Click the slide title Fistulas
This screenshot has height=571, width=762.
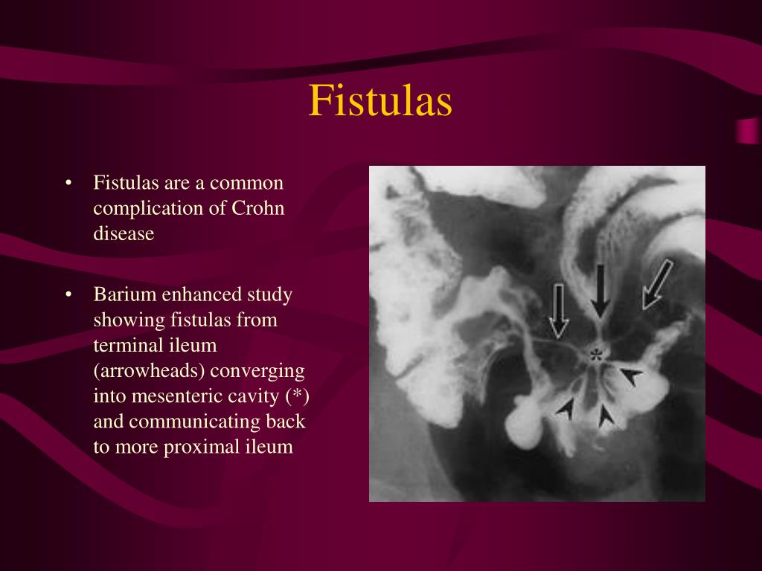[x=380, y=101]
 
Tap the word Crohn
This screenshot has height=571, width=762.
[x=260, y=208]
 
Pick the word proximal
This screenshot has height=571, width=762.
[x=208, y=447]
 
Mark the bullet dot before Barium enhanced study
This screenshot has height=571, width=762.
[x=68, y=295]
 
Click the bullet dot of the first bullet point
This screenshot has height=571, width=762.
[x=68, y=183]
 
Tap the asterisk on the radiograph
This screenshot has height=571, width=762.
[x=595, y=355]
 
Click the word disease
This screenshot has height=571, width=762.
[x=124, y=233]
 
